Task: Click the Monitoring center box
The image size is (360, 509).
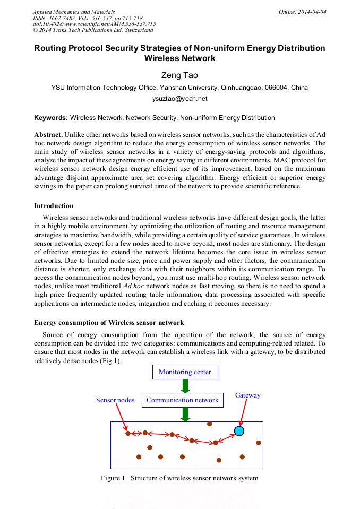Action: click(185, 372)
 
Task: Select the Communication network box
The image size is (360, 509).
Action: click(182, 400)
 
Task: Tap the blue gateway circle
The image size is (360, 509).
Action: click(239, 431)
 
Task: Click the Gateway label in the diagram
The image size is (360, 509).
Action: click(248, 395)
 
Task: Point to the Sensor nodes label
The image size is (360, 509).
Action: click(115, 400)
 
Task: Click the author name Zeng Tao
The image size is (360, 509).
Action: click(179, 75)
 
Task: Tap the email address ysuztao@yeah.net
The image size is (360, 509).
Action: click(179, 99)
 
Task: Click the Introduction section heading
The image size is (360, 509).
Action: click(54, 206)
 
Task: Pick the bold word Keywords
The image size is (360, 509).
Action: click(51, 117)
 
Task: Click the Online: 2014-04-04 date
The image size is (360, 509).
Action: click(303, 12)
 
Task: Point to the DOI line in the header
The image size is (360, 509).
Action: click(94, 24)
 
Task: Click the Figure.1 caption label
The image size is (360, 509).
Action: click(113, 478)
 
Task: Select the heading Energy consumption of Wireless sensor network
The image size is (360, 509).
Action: click(109, 322)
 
